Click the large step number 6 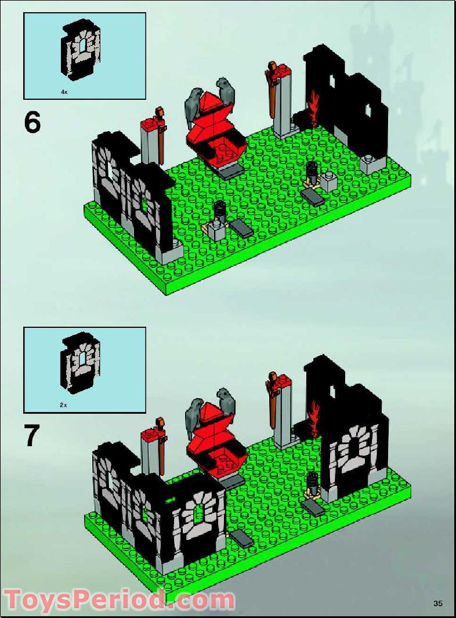[x=32, y=122]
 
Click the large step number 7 [x=33, y=436]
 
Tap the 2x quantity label [x=64, y=406]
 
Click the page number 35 [x=437, y=603]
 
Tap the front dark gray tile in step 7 [x=244, y=539]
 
